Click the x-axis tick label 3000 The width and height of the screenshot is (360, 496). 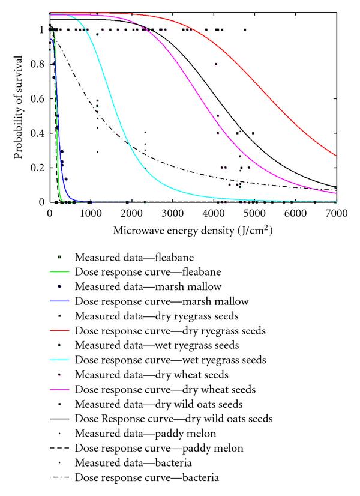coord(173,213)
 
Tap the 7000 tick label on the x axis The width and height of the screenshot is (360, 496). coord(337,213)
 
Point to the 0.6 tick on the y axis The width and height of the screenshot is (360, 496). coord(37,98)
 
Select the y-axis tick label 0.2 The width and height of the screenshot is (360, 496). coord(37,168)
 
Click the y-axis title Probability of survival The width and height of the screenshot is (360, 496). coord(19,107)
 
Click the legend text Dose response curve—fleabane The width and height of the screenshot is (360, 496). coord(148,272)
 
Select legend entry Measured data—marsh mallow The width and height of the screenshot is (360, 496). coord(148,286)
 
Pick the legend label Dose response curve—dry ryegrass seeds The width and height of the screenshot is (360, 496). coord(170,331)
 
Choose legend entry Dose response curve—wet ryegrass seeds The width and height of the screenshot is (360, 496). coord(170,360)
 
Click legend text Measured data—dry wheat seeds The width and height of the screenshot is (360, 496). coord(152,375)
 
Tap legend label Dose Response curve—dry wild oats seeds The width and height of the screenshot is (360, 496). coord(174,419)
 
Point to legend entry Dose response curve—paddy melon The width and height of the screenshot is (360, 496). coord(159,448)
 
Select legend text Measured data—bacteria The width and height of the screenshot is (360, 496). coord(133,463)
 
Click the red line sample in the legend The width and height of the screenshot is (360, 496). coord(59,330)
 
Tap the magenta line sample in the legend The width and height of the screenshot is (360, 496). coord(59,389)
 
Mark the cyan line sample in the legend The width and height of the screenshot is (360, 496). coord(59,360)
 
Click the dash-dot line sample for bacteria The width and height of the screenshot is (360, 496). coord(59,477)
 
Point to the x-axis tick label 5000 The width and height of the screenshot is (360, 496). coord(254,213)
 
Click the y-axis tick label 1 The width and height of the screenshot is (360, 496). coord(41,30)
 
